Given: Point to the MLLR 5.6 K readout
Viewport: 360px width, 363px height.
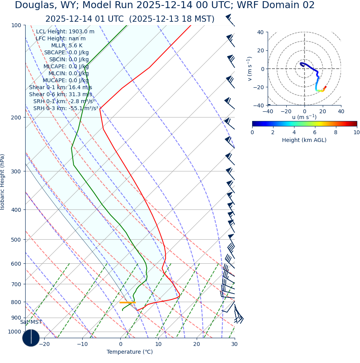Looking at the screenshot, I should (x=67, y=46).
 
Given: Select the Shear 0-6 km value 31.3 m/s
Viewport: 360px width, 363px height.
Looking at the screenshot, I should (x=61, y=95).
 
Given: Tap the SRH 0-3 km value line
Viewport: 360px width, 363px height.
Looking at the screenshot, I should (x=66, y=109).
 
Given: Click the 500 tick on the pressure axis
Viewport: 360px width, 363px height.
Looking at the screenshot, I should (x=16, y=240).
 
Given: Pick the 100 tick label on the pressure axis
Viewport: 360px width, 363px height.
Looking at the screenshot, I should (x=16, y=25).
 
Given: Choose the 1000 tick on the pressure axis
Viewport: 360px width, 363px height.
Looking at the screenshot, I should (x=14, y=332).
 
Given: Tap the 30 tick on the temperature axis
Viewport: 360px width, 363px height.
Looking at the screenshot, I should (x=234, y=344).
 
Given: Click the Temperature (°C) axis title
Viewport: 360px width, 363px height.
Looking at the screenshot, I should (x=130, y=352).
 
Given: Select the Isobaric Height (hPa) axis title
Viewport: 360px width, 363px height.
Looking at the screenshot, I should (x=3, y=182).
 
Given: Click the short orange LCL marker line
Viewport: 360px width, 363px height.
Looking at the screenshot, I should (x=127, y=302).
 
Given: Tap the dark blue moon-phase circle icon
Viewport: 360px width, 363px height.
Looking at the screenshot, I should (x=31, y=338).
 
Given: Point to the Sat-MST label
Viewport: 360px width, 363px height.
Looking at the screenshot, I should (x=31, y=322).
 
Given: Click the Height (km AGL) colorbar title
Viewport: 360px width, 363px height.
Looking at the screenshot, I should (x=304, y=140).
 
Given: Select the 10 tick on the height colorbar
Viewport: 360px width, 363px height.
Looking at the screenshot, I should (x=357, y=133).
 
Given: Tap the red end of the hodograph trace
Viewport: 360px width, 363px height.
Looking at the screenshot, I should (x=325, y=86).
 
